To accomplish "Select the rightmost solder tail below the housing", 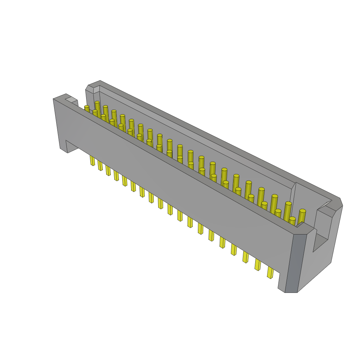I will coord(270,272).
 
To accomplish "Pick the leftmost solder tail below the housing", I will coord(92,160).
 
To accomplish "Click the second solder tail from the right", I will coord(258,264).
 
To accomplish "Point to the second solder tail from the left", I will coord(100,165).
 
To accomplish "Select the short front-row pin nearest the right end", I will coord(292,221).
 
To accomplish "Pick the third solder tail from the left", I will coord(108,170).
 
